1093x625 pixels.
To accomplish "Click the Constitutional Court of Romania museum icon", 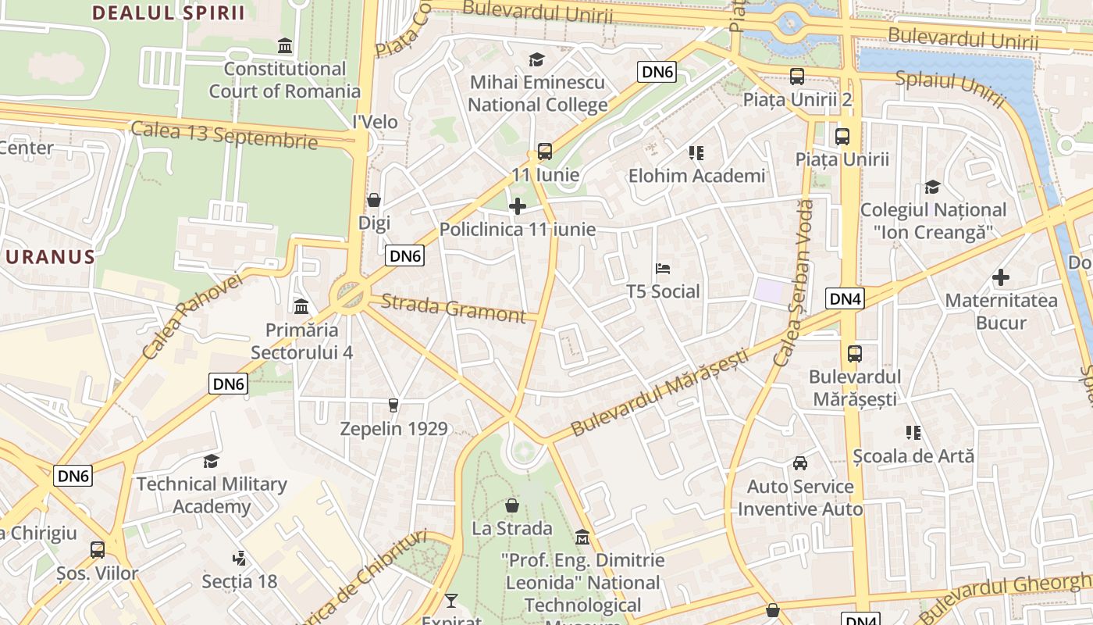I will click(285, 46).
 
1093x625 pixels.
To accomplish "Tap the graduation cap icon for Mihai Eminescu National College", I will click(536, 59).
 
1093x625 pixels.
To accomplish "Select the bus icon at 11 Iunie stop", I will click(545, 152).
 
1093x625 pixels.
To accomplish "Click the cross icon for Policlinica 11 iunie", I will click(517, 206).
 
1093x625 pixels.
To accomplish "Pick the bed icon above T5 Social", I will click(663, 269).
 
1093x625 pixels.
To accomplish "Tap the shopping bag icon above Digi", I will click(374, 200).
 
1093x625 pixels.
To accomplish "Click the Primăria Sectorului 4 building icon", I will click(301, 307).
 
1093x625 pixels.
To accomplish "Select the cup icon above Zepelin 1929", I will click(393, 405).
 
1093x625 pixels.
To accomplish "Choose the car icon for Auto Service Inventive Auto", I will click(800, 463).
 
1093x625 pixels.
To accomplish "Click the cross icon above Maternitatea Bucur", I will click(1001, 277).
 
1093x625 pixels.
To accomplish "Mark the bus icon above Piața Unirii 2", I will click(796, 77).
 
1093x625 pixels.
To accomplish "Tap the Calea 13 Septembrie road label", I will click(224, 134).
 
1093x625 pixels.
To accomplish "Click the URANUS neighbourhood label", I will click(48, 257).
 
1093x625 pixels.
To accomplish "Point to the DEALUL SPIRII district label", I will click(168, 12).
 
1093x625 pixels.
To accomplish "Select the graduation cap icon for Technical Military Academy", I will click(211, 461).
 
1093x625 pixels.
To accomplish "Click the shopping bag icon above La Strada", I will click(511, 505).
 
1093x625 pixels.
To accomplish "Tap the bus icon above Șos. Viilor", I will click(98, 550).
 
